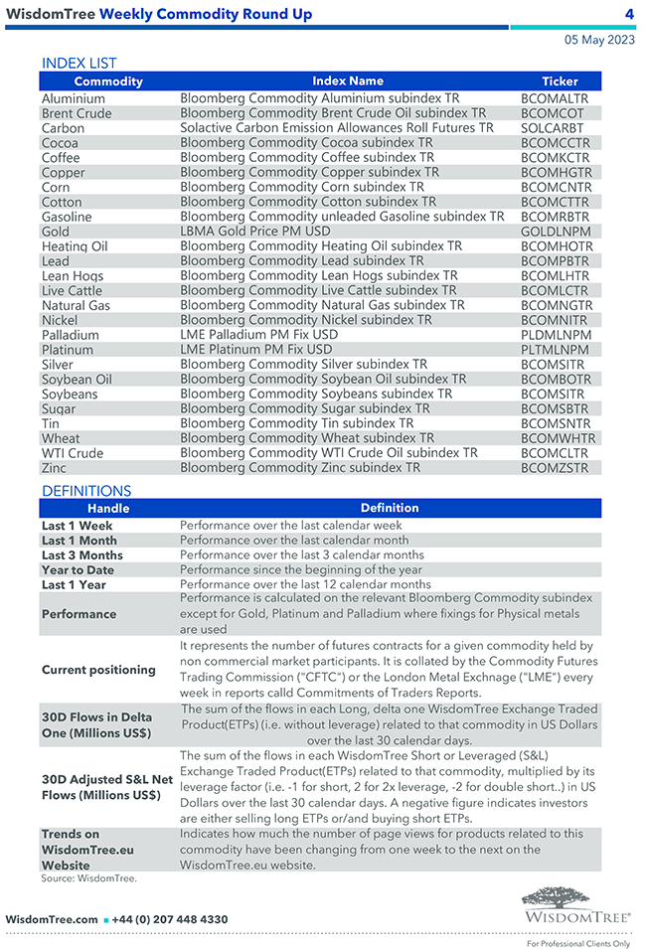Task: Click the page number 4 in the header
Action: pos(629,14)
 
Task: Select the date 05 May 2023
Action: pos(599,41)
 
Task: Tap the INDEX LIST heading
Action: pos(79,63)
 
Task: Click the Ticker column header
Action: pos(560,81)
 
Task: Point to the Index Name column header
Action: pos(347,81)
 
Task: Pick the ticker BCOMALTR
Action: pos(555,99)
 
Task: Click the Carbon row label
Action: pos(63,128)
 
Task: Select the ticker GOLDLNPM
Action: pos(556,232)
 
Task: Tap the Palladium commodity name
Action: pos(70,335)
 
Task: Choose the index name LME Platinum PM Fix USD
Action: pos(255,350)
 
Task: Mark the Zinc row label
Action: pos(55,468)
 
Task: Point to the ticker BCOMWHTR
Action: pos(558,438)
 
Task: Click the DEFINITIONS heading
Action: pos(86,491)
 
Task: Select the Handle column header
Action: pos(108,509)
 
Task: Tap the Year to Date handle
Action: pos(78,570)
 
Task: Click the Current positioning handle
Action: pos(98,670)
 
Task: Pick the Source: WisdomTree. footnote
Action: pos(88,878)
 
